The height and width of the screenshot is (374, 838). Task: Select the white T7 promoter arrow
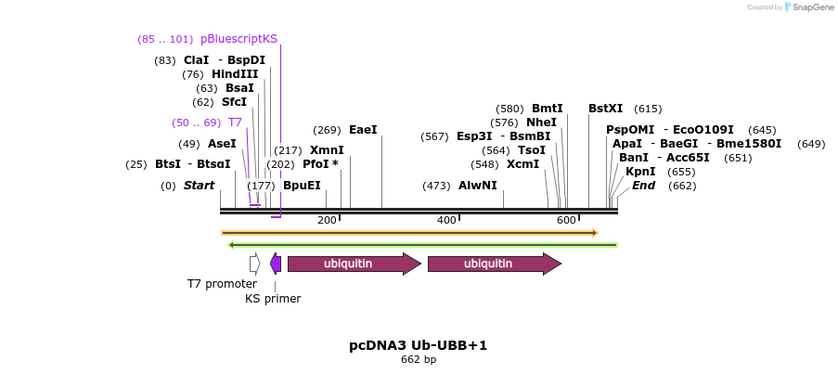[x=254, y=264]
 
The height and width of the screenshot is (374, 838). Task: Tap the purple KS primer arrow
[x=276, y=264]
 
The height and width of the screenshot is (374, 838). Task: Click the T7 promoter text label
[x=222, y=284]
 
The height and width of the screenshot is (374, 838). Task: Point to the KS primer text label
[x=273, y=299]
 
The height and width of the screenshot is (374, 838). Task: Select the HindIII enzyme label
[x=234, y=74]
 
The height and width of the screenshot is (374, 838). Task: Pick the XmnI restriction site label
[x=327, y=150]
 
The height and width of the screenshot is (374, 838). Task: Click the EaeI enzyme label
[x=363, y=130]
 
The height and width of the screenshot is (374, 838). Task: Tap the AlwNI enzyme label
[x=477, y=186]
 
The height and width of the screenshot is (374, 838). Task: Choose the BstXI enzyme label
[x=605, y=109]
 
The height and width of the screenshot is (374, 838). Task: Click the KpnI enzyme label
[x=640, y=172]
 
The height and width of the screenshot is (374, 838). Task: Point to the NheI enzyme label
[x=541, y=123]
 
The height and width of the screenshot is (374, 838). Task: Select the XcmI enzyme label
[x=522, y=164]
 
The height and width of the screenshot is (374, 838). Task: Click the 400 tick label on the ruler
[x=446, y=220]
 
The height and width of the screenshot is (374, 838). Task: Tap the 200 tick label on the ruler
[x=327, y=220]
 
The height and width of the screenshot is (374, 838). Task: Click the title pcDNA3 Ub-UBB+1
[x=418, y=345]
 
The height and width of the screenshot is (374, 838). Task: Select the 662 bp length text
[x=418, y=360]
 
